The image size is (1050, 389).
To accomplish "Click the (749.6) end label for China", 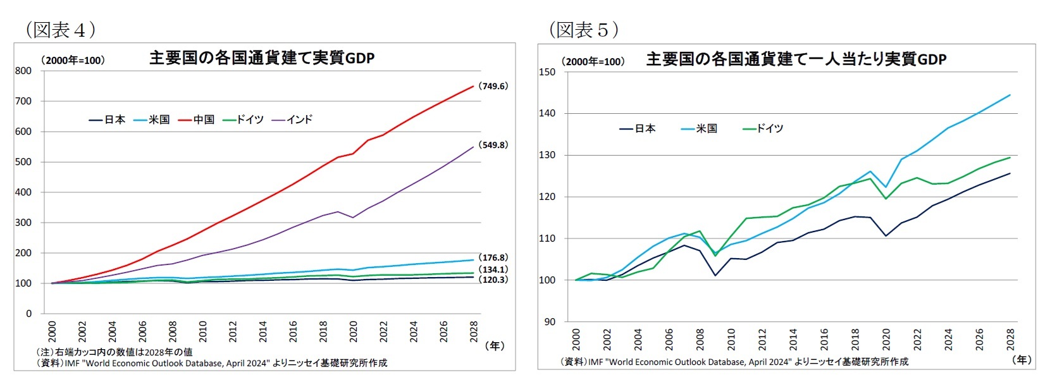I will pyautogui.click(x=493, y=86).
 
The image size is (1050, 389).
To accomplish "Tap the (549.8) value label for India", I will pyautogui.click(x=493, y=145).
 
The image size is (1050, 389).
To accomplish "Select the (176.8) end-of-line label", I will pyautogui.click(x=493, y=257).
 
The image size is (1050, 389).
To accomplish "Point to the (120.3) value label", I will pyautogui.click(x=493, y=280).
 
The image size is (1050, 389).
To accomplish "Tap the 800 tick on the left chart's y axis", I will pyautogui.click(x=23, y=71).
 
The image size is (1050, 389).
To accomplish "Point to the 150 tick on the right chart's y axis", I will pyautogui.click(x=547, y=72).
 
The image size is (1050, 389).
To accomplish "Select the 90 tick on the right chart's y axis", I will pyautogui.click(x=549, y=322).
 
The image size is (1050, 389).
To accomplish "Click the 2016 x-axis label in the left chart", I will pyautogui.click(x=293, y=331).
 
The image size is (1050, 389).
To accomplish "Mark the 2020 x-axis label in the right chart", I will pyautogui.click(x=886, y=339).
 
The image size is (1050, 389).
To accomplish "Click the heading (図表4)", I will pyautogui.click(x=61, y=30).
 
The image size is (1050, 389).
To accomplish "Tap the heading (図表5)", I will pyautogui.click(x=583, y=30).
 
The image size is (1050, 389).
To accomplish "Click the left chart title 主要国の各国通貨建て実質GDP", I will pyautogui.click(x=262, y=58).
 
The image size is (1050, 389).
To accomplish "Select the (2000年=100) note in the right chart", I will pyautogui.click(x=593, y=61).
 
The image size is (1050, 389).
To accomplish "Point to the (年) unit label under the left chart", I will pyautogui.click(x=494, y=345).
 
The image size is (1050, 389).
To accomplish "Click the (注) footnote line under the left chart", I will pyautogui.click(x=114, y=352).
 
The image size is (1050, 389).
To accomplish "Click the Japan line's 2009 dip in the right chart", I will pyautogui.click(x=715, y=275).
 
